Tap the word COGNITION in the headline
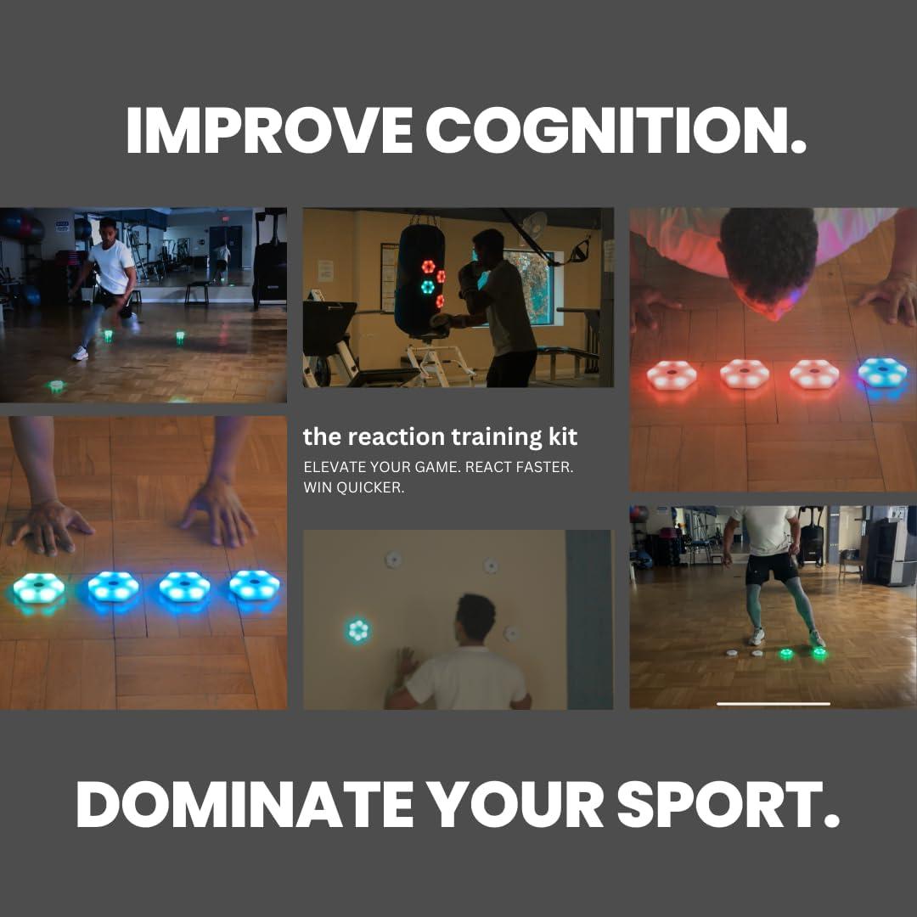click(x=616, y=130)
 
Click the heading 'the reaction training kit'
click(x=440, y=437)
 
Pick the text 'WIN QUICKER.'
click(x=353, y=488)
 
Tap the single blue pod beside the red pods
click(x=882, y=373)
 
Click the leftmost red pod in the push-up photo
click(x=672, y=374)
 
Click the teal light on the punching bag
click(x=427, y=286)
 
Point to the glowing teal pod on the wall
click(x=358, y=630)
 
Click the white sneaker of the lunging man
click(x=80, y=352)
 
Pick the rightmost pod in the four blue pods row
click(x=254, y=585)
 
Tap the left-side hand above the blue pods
click(x=51, y=526)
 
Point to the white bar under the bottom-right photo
click(x=773, y=703)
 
